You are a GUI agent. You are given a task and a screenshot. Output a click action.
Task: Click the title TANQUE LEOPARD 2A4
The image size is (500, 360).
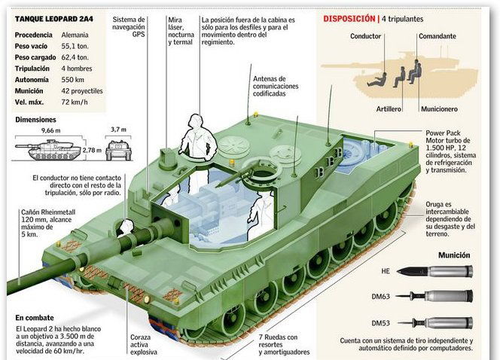coord(54,19)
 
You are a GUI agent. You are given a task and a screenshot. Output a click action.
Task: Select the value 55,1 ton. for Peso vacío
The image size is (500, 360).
coord(75,46)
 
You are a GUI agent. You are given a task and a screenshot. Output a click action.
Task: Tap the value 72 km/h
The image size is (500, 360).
coord(75,102)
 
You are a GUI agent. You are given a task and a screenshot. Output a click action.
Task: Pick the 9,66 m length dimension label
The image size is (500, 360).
coord(50,130)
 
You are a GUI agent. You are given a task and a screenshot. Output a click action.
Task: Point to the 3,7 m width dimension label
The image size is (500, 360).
coord(118,130)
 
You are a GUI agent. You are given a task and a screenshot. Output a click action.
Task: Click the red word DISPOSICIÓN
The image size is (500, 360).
coord(349,19)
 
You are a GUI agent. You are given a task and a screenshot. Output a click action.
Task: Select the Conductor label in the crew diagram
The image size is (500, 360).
coord(365,36)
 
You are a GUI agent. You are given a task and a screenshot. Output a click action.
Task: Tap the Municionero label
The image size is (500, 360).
coord(439,109)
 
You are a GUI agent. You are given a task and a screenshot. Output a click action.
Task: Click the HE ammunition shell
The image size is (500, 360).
coord(434,271)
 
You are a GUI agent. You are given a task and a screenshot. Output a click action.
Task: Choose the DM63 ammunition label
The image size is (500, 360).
coord(380,297)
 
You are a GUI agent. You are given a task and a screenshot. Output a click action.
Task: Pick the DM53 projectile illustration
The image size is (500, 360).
coord(434,323)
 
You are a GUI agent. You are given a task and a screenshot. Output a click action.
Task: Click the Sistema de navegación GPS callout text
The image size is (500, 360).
coord(129,27)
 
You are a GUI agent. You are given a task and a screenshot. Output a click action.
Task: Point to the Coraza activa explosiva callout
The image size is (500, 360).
coord(144,345)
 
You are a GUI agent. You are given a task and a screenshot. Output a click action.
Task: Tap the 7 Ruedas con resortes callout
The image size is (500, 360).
coord(284,345)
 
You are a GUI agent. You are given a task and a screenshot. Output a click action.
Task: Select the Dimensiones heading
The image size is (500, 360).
coord(35,120)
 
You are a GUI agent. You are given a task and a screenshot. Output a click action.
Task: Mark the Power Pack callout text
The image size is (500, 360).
coord(450,151)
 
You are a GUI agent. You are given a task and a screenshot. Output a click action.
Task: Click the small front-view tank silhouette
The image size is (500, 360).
coord(119,150)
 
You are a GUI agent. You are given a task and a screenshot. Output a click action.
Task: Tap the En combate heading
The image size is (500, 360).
coord(35,318)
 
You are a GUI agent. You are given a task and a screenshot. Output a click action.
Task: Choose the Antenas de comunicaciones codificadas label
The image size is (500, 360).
coord(276,86)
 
